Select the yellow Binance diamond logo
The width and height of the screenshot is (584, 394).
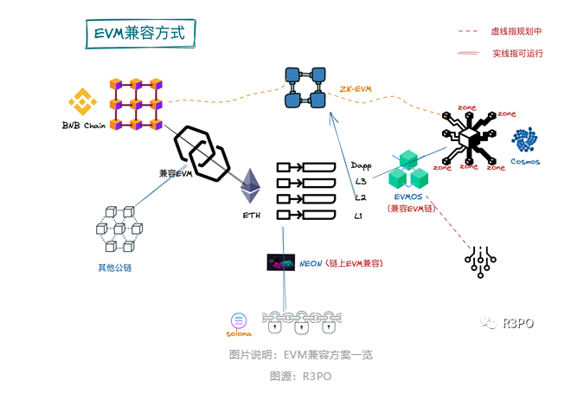coord(85,101)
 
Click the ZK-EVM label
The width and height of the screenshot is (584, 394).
coord(355,89)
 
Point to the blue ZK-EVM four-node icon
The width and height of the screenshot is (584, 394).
coord(305,87)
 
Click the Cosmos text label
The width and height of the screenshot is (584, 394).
coord(524,161)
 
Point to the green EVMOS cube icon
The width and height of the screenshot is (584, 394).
coord(408,171)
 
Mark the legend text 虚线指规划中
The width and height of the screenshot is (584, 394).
coord(517,31)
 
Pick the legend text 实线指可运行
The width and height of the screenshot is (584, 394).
coord(517,53)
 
